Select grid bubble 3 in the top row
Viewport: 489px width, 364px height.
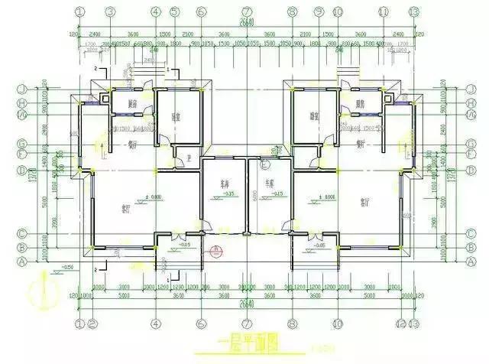(110, 11)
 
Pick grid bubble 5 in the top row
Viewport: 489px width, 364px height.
(175, 11)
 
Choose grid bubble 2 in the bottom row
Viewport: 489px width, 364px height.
(92, 323)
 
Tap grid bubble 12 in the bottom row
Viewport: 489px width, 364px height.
(399, 323)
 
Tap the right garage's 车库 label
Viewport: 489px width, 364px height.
(268, 184)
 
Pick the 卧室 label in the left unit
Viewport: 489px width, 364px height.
(176, 117)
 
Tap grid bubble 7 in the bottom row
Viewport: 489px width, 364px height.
(246, 323)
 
